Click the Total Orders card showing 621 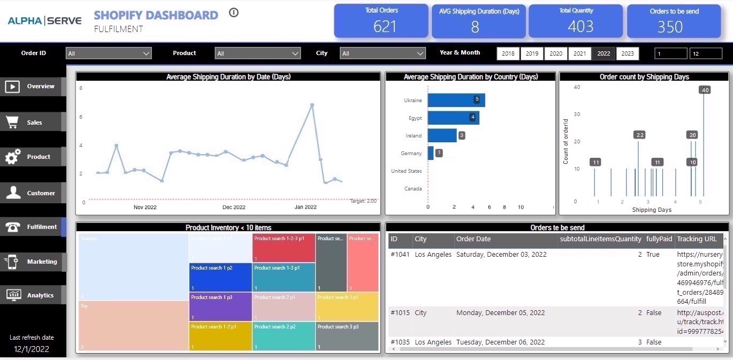[x=381, y=21]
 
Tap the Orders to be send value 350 [x=670, y=27]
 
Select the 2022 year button [x=604, y=53]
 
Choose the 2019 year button [x=532, y=53]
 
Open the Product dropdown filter [x=257, y=53]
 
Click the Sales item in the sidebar [x=33, y=122]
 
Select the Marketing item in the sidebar [x=33, y=262]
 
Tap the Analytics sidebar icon [x=13, y=295]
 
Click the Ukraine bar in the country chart [x=456, y=100]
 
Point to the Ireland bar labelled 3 [x=442, y=135]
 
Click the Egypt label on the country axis [x=415, y=118]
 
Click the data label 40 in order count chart [x=705, y=90]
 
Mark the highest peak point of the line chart [x=312, y=105]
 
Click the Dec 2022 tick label [x=234, y=207]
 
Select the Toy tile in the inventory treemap [x=133, y=325]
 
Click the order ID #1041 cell [x=400, y=255]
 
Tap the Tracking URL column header [x=696, y=239]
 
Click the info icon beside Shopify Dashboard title [x=233, y=13]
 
